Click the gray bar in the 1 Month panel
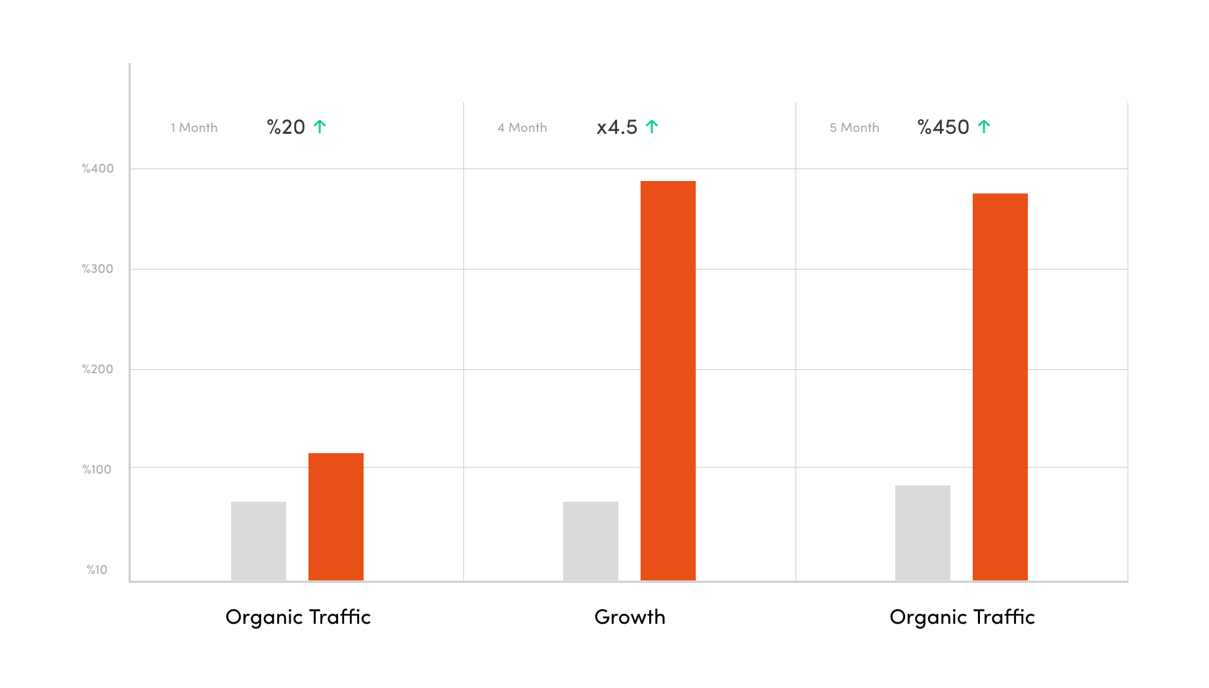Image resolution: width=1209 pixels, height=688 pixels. coord(259,541)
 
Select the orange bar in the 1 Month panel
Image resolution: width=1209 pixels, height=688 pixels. coord(336,517)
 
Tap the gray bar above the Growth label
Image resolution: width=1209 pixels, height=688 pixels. coord(591,541)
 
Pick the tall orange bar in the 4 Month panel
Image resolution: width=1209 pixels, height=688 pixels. coord(668,380)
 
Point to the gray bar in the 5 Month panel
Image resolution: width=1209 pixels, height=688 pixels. coord(923,533)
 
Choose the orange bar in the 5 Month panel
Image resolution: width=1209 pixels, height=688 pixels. coord(1000,387)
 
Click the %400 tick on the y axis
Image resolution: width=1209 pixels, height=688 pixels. coord(98,169)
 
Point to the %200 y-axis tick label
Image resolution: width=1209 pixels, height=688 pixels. coord(98,369)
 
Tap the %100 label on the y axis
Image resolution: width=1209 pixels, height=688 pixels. coord(97,470)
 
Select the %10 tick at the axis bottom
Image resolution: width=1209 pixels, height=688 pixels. coord(97,570)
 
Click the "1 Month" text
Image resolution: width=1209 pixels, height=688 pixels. coord(194,128)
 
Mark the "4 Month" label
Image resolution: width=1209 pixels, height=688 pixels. coord(522,128)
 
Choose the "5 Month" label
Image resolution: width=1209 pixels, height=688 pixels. coord(855,128)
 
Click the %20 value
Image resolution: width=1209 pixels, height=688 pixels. coord(286,127)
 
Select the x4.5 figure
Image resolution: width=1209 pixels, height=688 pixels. coord(617,127)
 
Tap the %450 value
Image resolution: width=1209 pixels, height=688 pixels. coord(943,127)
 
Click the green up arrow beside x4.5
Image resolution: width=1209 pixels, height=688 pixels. coord(652,127)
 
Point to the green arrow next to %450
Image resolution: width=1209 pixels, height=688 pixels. coord(984,127)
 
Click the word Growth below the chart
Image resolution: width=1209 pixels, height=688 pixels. coord(630,617)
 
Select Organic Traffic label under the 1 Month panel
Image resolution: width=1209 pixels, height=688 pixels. coord(298,617)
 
